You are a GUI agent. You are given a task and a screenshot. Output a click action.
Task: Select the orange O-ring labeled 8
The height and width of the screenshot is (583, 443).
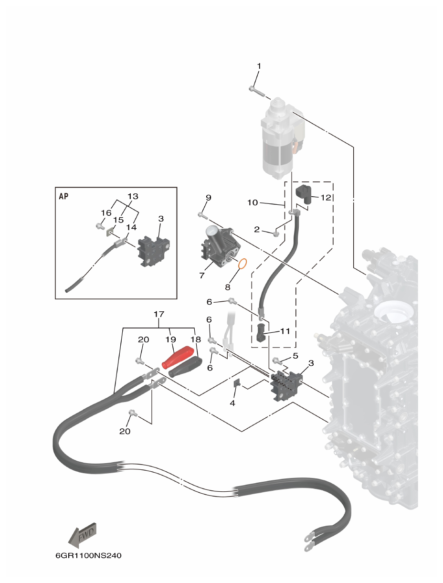pyautogui.click(x=242, y=264)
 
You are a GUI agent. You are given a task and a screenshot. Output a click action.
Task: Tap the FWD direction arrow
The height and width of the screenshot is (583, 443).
pyautogui.click(x=83, y=535)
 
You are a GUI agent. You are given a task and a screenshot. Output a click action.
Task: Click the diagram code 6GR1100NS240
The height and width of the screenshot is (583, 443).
pyautogui.click(x=88, y=556)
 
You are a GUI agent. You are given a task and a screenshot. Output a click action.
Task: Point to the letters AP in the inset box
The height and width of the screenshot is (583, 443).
pyautogui.click(x=63, y=196)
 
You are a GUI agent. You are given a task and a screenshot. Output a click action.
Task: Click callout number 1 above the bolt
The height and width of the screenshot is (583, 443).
pyautogui.click(x=259, y=65)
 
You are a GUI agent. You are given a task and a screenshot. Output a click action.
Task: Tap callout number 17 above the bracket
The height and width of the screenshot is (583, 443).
pyautogui.click(x=159, y=314)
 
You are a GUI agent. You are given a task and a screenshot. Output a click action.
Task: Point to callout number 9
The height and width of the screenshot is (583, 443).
pyautogui.click(x=208, y=198)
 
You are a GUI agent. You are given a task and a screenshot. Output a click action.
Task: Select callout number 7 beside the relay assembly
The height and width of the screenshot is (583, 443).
pyautogui.click(x=202, y=276)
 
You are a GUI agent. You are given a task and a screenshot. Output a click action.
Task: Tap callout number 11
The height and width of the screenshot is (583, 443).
pyautogui.click(x=285, y=330)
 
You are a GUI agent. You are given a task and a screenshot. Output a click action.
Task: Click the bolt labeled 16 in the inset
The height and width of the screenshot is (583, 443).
pyautogui.click(x=100, y=225)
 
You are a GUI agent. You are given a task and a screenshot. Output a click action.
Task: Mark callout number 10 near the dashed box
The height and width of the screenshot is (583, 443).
pyautogui.click(x=253, y=203)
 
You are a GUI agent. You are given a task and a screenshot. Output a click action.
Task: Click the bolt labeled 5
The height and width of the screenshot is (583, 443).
pyautogui.click(x=276, y=360)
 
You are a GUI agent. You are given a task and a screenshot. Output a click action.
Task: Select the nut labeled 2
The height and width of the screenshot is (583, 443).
pyautogui.click(x=276, y=233)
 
